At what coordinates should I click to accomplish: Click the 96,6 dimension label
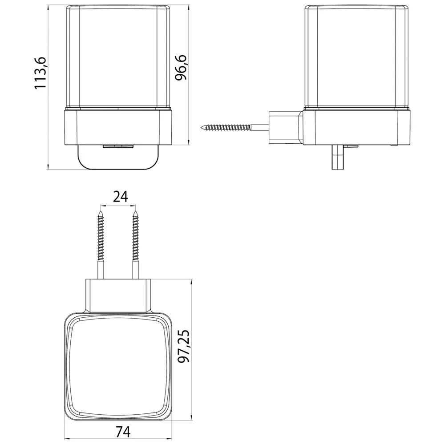181,68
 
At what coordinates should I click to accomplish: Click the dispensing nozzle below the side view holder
338,158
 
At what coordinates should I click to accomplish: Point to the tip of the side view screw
202,127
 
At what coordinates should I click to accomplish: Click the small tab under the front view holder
118,146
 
